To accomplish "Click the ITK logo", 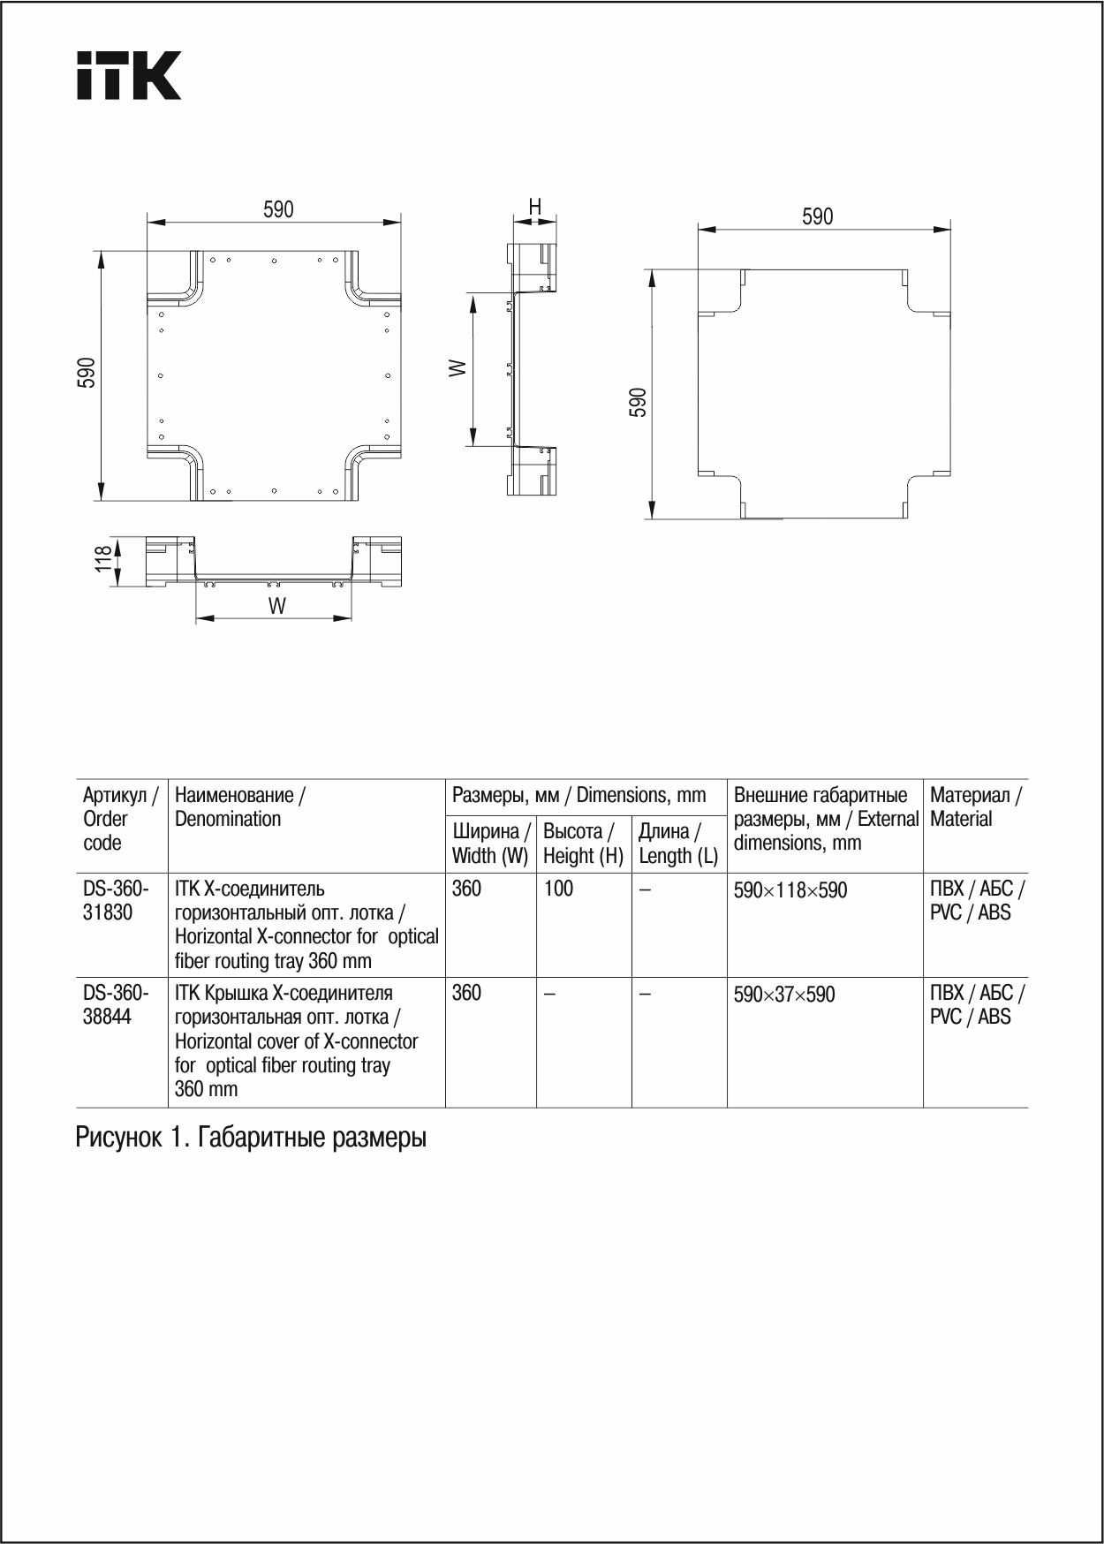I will pos(129,75).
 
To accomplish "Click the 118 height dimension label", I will pos(104,558).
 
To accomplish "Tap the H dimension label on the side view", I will pos(534,207).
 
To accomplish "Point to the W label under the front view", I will pos(276,606).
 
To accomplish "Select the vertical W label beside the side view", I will pos(457,367).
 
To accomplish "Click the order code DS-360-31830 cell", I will pos(116,900).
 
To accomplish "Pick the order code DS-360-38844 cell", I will pos(116,1004).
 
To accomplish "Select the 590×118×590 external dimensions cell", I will pos(790,890).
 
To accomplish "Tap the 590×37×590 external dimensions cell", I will pos(783,995).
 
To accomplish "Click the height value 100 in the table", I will pos(558,889).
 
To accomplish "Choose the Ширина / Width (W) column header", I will pos(490,844).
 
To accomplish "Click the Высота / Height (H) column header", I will pos(583,844).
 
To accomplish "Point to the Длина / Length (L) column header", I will pos(678,844).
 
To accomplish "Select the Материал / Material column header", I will pos(975,806).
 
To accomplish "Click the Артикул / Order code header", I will pos(120,819).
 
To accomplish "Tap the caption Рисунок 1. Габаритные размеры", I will pos(251,1138).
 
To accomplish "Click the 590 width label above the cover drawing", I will pos(817,216).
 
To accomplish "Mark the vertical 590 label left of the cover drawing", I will pos(638,402).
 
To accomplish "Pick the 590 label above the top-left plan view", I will pos(278,209).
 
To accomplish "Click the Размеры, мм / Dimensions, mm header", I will pos(578,795).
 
